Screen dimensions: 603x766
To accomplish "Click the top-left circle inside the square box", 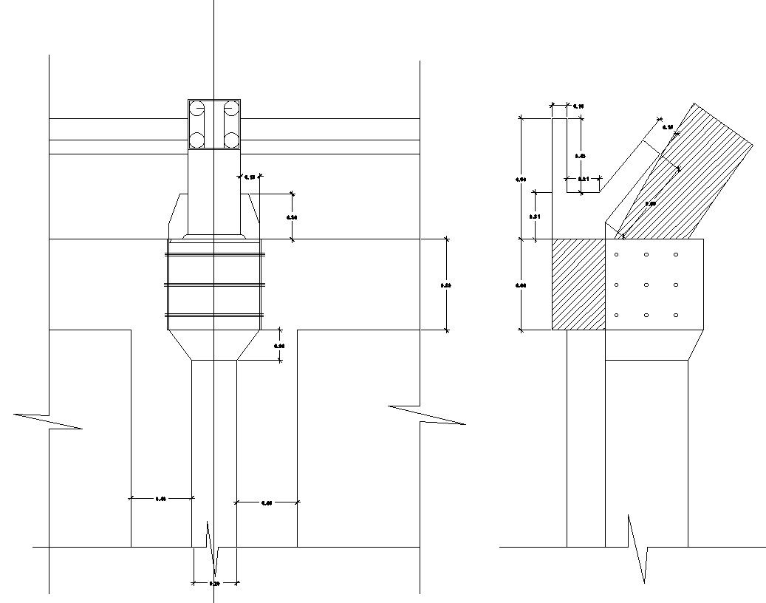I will tap(197, 109).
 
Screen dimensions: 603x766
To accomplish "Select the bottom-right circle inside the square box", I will tap(231, 139).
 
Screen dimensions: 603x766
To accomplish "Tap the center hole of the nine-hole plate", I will tap(646, 285).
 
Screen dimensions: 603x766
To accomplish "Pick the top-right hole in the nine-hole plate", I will tap(676, 255).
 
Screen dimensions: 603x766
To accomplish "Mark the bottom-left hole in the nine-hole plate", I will tap(617, 316).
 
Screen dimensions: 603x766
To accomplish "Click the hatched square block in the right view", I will tap(578, 285).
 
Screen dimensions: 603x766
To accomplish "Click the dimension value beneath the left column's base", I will tap(214, 584).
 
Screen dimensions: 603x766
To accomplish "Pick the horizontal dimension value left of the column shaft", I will tap(161, 500).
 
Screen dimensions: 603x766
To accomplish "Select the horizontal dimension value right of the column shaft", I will tap(267, 503).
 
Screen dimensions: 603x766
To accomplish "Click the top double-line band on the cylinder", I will tap(214, 254).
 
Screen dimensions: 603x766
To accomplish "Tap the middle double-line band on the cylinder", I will tap(214, 285).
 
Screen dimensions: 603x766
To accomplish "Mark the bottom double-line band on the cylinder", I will tap(214, 316).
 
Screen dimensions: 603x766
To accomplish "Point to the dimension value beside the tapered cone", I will tap(279, 346).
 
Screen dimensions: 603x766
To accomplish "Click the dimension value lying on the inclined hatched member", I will tap(650, 203).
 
